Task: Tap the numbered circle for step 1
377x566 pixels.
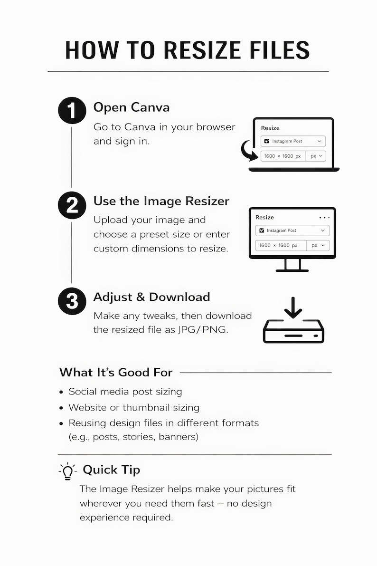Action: pos(72,110)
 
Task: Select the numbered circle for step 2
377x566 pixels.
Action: pos(72,205)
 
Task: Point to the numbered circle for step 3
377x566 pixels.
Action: pos(72,301)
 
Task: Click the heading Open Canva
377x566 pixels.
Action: pos(132,107)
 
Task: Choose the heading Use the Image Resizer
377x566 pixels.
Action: pos(161,201)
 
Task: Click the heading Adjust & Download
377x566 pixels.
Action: pos(151,297)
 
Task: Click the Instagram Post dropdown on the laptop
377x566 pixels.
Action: pos(293,141)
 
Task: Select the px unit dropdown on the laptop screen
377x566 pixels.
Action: pos(316,156)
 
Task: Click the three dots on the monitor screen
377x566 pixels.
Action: pos(324,218)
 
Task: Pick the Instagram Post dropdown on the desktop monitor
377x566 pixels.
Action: pos(292,230)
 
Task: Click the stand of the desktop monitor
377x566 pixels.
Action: pos(292,265)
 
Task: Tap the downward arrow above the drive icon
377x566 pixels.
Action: pos(293,307)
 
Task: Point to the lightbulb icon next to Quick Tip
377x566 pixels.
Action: pos(67,471)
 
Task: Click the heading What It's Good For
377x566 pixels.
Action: pos(116,372)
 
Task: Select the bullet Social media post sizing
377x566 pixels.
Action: pos(125,392)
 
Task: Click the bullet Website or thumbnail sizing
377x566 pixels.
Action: pos(134,408)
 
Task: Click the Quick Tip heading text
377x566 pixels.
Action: pos(111,470)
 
